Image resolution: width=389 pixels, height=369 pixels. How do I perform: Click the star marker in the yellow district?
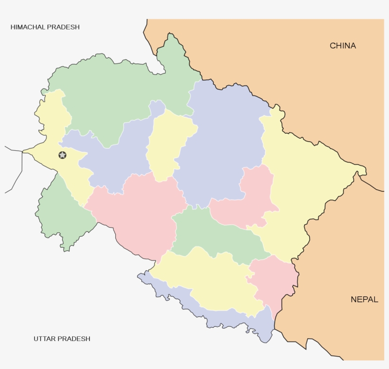62,155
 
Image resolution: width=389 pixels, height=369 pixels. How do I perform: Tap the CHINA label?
343,46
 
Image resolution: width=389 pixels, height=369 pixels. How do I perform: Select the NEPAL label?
364,299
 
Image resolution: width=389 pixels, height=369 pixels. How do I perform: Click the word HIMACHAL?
28,27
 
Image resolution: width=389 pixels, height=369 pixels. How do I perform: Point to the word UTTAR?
45,339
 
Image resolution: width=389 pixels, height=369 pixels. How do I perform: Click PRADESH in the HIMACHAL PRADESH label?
63,27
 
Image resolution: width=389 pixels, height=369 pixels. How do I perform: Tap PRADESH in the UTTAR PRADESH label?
74,339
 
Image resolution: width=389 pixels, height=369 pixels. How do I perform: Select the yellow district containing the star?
52,123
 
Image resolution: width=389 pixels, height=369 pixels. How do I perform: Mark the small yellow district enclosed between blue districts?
166,142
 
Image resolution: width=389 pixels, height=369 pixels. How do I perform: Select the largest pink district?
138,213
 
